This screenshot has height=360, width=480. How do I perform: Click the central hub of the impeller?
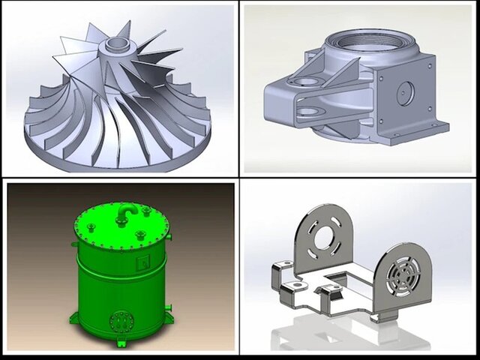coord(116,45)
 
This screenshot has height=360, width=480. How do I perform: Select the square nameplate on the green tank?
coord(142,263)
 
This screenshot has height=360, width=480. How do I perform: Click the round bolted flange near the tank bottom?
coord(118,322)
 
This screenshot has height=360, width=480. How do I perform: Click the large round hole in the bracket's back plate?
coord(328,235)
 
